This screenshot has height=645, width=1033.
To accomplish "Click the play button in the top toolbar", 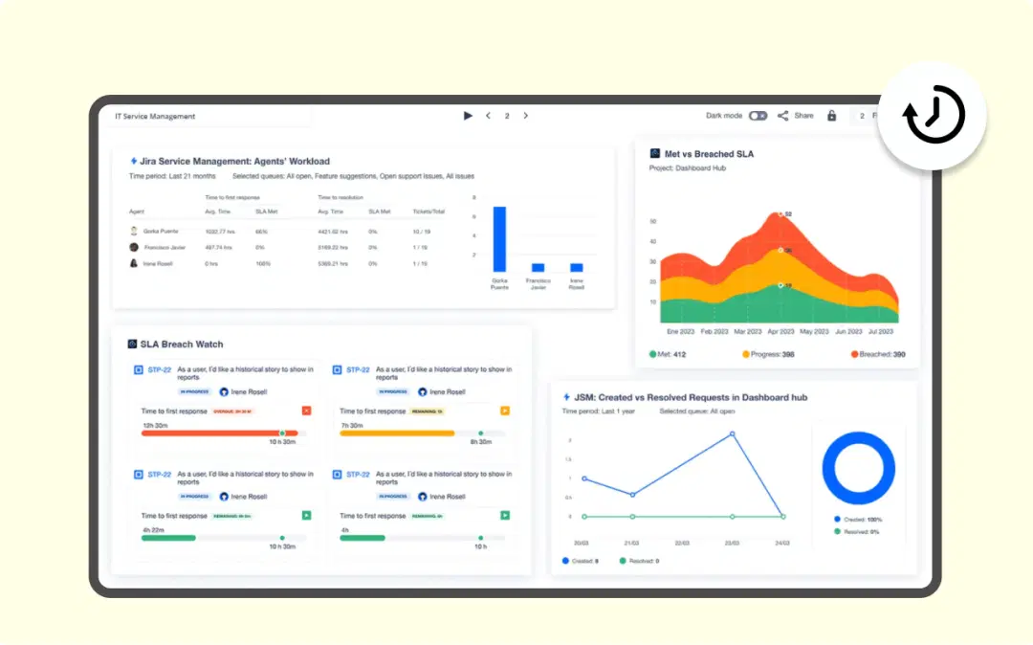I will pyautogui.click(x=468, y=116).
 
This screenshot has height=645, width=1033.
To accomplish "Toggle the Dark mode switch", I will pyautogui.click(x=758, y=116).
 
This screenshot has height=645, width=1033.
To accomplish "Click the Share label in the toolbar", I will pyautogui.click(x=803, y=116).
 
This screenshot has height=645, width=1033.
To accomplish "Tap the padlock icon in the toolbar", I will pyautogui.click(x=831, y=116).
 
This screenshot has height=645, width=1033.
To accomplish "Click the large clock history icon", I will pyautogui.click(x=934, y=116).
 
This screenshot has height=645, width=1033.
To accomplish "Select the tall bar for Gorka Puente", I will pyautogui.click(x=499, y=239).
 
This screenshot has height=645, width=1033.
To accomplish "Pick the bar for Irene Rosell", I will pyautogui.click(x=576, y=268).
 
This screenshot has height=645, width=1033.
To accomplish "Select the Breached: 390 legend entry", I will pyautogui.click(x=878, y=354).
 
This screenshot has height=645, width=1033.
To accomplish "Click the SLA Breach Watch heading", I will pyautogui.click(x=181, y=344).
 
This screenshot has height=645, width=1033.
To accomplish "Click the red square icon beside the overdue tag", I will pyautogui.click(x=306, y=411).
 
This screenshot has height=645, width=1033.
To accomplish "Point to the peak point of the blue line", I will pyautogui.click(x=733, y=434).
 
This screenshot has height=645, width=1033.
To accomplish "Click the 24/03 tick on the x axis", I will pyautogui.click(x=782, y=543).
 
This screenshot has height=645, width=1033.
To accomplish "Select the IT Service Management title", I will pyautogui.click(x=155, y=117).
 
